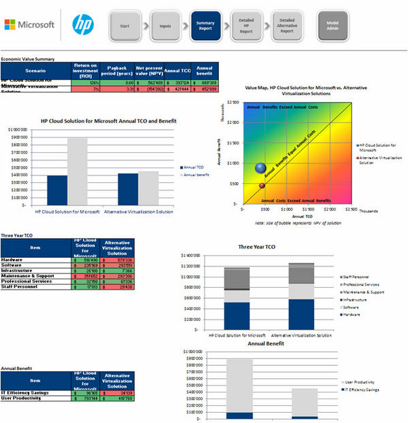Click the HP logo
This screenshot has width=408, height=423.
[82, 25]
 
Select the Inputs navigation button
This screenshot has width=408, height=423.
[165, 25]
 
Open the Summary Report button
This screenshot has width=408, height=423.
[205, 25]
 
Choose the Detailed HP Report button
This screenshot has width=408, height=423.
[246, 25]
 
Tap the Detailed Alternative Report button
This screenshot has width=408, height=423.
[287, 25]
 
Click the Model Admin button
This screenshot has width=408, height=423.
[333, 25]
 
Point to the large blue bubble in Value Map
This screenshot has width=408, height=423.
[260, 167]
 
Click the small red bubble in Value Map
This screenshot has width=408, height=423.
[262, 185]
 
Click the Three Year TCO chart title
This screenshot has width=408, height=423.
[262, 247]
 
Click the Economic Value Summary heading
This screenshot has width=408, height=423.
[28, 59]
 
